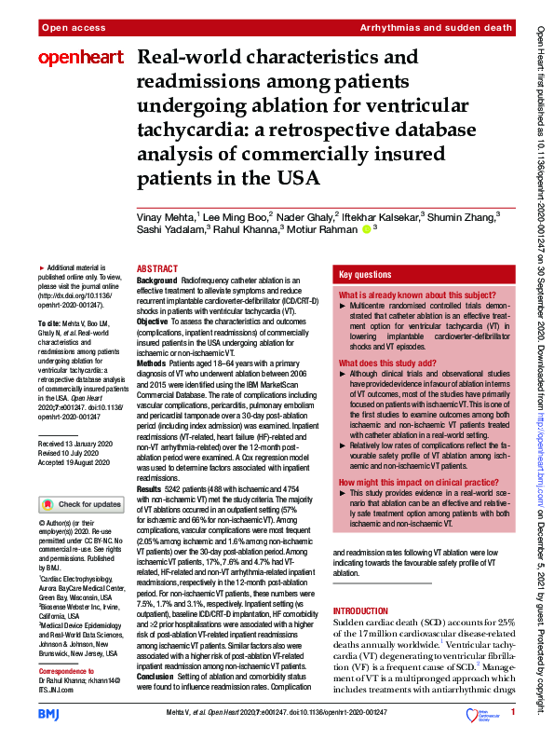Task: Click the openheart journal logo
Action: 80,59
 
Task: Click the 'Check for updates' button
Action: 80,504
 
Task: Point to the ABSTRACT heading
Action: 157,267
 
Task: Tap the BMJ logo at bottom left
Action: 49,712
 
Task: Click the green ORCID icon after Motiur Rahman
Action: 367,229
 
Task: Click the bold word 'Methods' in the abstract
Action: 155,357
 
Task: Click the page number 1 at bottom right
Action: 512,713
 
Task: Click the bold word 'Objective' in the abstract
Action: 158,321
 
